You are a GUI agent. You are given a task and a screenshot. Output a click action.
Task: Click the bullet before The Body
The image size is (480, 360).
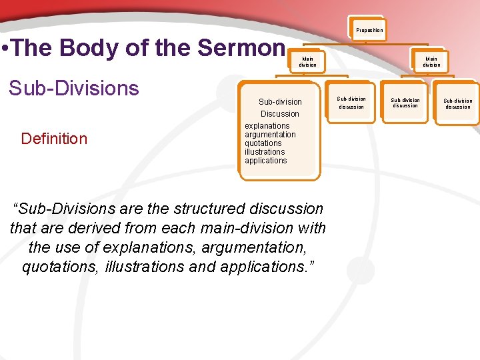(x=5, y=49)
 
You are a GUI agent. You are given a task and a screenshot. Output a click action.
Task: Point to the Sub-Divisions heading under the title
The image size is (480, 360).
(x=73, y=88)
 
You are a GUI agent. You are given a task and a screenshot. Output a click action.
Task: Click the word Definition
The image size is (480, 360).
(x=54, y=139)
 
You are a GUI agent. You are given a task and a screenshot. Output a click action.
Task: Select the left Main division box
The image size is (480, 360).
(x=307, y=61)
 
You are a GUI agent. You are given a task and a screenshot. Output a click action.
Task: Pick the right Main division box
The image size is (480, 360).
(x=431, y=61)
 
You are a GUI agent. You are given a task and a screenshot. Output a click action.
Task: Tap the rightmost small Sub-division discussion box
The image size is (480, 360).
(x=457, y=104)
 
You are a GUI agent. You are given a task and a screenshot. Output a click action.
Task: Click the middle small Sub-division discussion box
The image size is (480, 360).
(x=405, y=103)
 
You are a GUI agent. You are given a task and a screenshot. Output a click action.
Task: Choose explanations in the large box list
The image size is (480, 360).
(x=267, y=126)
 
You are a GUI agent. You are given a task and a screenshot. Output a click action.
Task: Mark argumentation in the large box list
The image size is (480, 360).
(x=270, y=135)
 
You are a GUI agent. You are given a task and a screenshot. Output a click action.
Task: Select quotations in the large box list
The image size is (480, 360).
(x=263, y=143)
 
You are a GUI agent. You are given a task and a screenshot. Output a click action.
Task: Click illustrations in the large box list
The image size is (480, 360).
(x=264, y=152)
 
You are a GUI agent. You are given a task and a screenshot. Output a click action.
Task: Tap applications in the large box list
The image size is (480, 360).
(x=265, y=161)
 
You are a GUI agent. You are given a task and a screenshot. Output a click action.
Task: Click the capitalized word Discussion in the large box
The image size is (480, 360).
(x=280, y=114)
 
